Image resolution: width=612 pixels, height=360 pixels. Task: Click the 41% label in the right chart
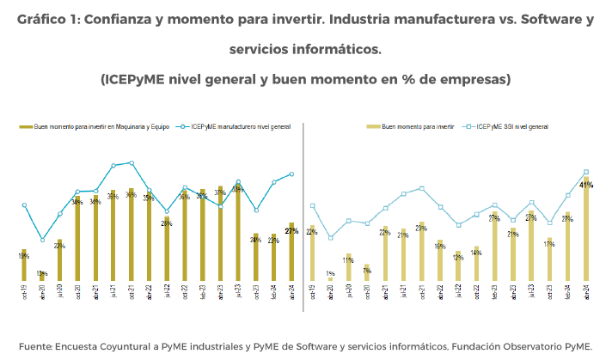pyautogui.click(x=587, y=185)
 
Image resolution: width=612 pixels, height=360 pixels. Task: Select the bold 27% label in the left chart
pyautogui.click(x=291, y=231)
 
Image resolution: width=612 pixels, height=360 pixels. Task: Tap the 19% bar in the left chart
pyautogui.click(x=24, y=265)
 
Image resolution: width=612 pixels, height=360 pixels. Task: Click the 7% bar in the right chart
pyautogui.click(x=366, y=272)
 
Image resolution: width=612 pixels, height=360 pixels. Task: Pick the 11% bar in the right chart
pyautogui.click(x=348, y=267)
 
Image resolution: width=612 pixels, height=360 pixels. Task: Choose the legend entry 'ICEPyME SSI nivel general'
pyautogui.click(x=513, y=126)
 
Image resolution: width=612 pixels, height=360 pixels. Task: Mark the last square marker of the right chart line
pyautogui.click(x=586, y=172)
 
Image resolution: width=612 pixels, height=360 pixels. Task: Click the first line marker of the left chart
pyautogui.click(x=24, y=204)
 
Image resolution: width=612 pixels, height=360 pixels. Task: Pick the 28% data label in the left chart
pyautogui.click(x=167, y=223)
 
